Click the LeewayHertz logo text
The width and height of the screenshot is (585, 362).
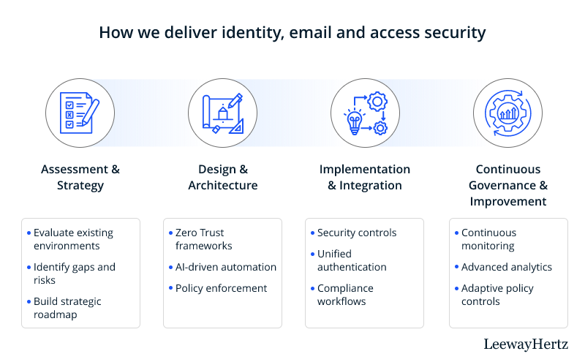point(526,344)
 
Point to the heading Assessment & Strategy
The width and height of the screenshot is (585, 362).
point(80,177)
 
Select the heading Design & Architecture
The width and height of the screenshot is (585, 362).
point(222,177)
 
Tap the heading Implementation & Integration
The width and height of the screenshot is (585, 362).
point(365,177)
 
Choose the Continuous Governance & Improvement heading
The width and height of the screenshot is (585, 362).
point(507,185)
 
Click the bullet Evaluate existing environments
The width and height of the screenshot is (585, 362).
point(73,239)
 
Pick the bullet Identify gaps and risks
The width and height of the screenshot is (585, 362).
point(75,274)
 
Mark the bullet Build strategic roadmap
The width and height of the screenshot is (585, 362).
point(67,308)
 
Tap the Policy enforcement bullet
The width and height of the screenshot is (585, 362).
point(221,288)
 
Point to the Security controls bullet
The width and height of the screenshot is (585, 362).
point(357,233)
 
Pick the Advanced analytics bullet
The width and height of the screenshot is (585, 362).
point(507,267)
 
